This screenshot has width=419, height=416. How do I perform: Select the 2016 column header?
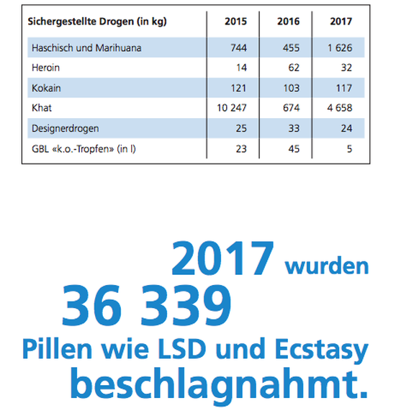pos(289,22)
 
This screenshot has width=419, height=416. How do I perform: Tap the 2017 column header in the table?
pos(341,22)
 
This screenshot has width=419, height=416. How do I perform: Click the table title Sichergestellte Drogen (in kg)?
pos(97,22)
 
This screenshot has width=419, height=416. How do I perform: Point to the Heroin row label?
pos(45,68)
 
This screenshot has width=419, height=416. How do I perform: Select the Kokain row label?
pos(45,88)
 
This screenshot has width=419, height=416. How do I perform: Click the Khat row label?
pos(41,108)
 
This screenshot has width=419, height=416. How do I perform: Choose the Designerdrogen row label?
pos(66,128)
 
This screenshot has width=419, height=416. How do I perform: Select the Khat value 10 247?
pos(231,108)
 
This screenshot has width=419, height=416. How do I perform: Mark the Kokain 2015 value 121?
pos(238,88)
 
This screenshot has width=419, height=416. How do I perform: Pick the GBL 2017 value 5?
pos(348,149)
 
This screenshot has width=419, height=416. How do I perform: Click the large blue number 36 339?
pos(147,304)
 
